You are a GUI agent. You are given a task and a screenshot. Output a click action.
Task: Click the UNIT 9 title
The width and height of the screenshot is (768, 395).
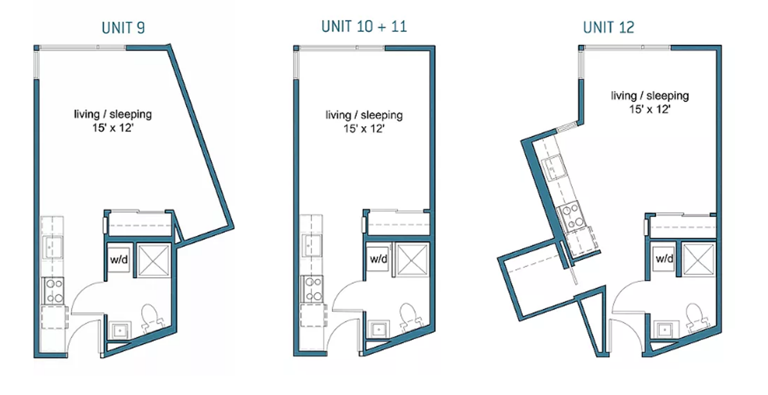(x=123, y=28)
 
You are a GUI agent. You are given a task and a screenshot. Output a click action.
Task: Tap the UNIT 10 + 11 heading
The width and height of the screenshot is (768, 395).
(x=364, y=27)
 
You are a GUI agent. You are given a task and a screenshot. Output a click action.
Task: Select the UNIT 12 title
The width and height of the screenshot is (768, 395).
(x=608, y=28)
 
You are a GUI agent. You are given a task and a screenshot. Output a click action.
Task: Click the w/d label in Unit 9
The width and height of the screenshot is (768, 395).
(x=119, y=259)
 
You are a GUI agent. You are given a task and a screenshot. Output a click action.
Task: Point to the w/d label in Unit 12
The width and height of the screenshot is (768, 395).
(x=664, y=259)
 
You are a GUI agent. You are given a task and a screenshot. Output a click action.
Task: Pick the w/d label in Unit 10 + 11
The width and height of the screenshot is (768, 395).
(x=378, y=259)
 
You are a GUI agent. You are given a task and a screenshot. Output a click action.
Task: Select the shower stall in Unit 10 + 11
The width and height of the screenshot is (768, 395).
(x=412, y=259)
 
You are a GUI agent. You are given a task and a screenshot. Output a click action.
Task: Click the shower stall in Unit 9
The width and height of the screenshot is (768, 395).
(x=154, y=260)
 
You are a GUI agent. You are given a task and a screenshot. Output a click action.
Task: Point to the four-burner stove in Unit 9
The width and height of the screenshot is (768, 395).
(x=54, y=291)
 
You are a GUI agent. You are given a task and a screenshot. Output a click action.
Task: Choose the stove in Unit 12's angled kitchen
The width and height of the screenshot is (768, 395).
(x=571, y=217)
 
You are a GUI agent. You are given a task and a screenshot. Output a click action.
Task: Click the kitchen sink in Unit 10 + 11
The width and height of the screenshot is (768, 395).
(x=311, y=246)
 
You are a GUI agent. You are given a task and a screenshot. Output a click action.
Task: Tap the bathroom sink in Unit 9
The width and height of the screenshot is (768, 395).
(x=120, y=331)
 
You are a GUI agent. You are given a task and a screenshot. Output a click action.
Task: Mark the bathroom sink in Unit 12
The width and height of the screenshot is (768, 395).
(x=665, y=330)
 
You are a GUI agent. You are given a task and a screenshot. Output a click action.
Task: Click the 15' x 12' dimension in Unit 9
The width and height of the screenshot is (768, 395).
(x=113, y=128)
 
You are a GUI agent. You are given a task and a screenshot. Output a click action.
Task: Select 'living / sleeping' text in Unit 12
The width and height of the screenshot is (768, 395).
(x=649, y=96)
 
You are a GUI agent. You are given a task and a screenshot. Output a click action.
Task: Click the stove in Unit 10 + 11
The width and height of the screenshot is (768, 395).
(x=313, y=289)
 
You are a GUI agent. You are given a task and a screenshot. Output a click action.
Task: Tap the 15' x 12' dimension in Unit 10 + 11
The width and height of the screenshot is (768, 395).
(x=364, y=129)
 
